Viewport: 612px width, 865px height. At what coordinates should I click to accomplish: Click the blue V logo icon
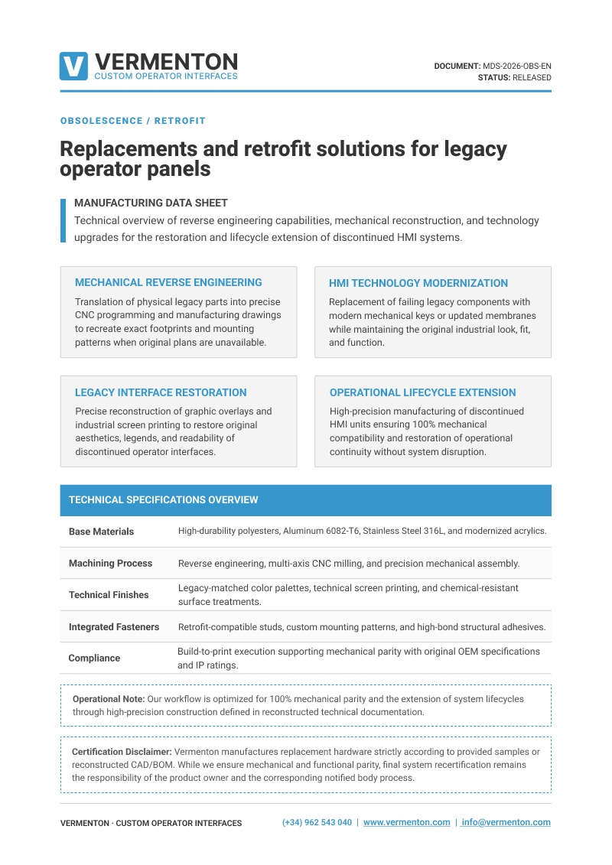coord(73,66)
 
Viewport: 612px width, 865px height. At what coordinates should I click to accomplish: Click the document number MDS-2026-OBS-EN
coord(517,66)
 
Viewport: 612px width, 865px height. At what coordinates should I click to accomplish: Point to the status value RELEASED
coord(532,77)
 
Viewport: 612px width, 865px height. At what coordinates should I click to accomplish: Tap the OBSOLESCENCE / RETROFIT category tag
coord(132,121)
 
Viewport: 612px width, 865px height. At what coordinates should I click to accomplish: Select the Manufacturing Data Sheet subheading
coord(151,203)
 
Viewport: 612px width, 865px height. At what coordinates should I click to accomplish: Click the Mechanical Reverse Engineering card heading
coord(168,282)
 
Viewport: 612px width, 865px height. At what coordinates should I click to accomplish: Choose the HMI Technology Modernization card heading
coord(418,283)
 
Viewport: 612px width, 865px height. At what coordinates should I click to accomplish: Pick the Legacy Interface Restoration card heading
coord(161,392)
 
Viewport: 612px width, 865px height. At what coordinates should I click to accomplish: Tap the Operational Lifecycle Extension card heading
coord(423,392)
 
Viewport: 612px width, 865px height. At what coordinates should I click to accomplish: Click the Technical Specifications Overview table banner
coord(164,500)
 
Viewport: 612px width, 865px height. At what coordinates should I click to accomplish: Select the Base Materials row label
coord(101,532)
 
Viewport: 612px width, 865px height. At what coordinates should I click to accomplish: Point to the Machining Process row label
coord(110,563)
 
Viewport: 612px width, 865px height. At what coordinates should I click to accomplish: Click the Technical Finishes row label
coord(109,594)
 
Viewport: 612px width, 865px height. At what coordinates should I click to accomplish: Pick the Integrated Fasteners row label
coord(114,626)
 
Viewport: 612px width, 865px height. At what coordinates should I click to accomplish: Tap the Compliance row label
coord(94,658)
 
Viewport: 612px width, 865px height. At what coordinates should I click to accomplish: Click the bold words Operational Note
coord(108,699)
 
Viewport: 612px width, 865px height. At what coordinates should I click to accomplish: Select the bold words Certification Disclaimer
coord(122,752)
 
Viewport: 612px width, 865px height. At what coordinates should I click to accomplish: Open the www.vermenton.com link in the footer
coord(406,822)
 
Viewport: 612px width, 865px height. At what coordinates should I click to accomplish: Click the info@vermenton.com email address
coord(506,822)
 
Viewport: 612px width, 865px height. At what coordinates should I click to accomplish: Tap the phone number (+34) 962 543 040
coord(317,822)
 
